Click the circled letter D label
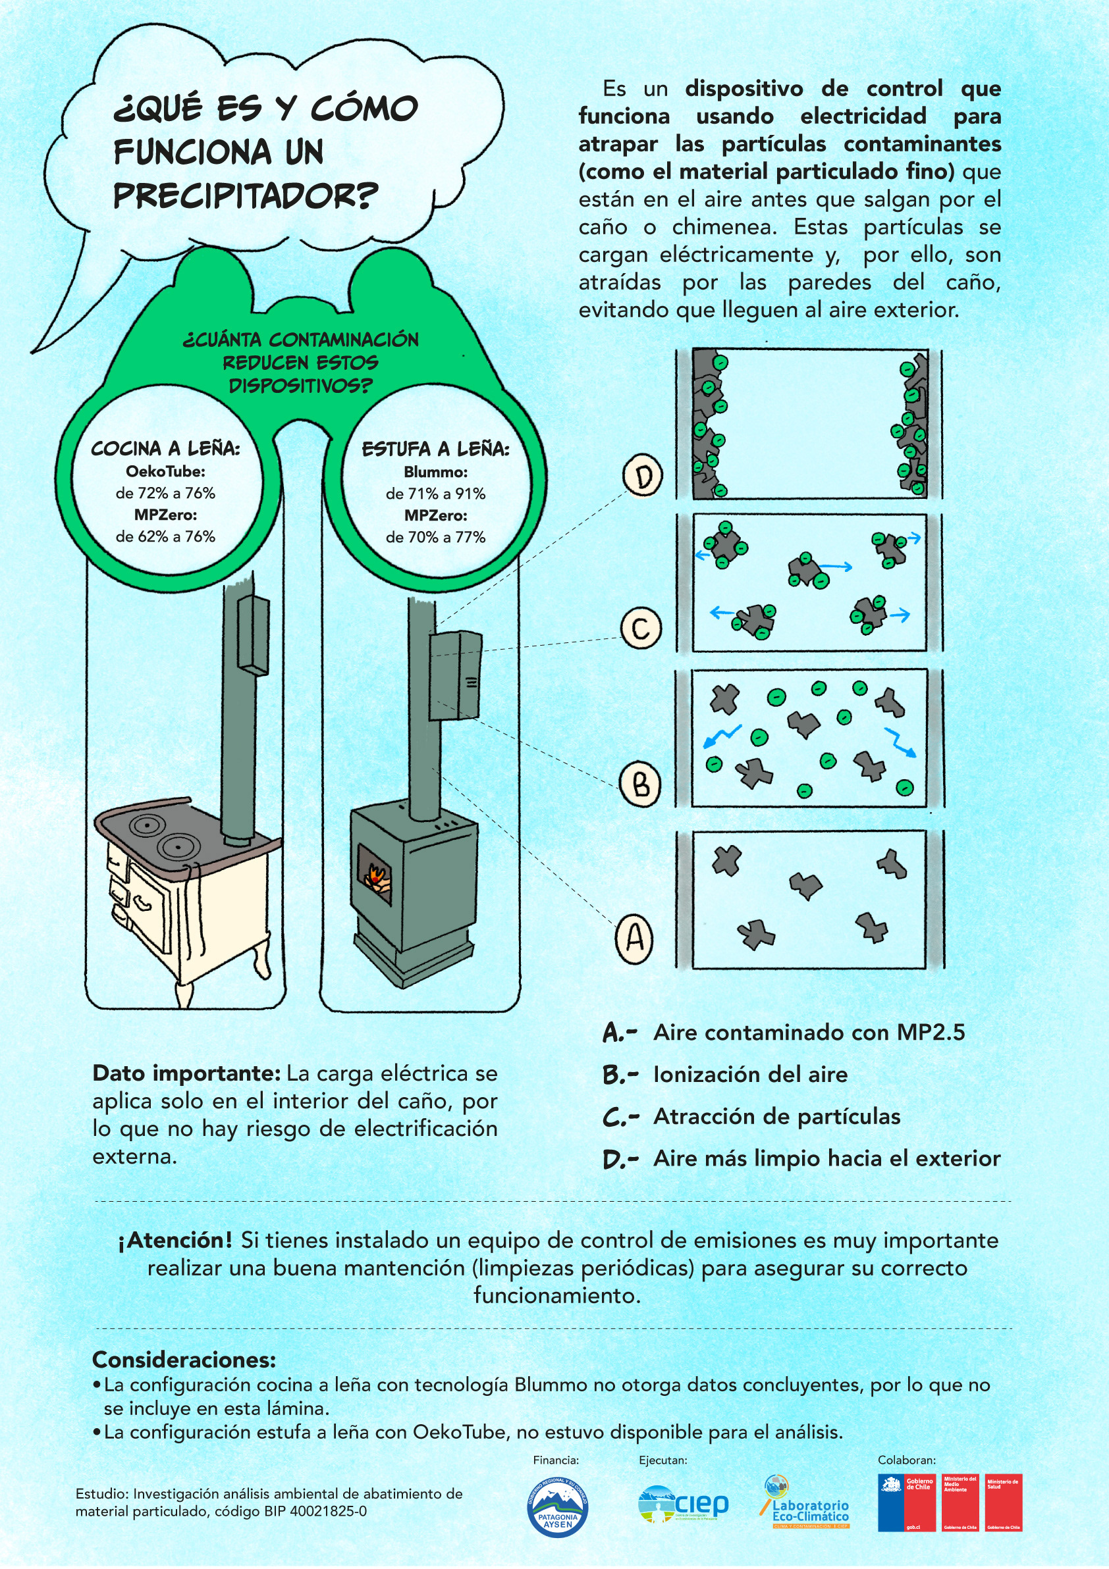point(643,476)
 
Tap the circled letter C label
point(641,627)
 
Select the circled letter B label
point(640,784)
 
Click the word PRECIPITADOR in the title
point(245,197)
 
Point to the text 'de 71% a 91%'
point(435,494)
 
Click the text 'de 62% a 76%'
point(165,536)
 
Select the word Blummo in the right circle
point(435,471)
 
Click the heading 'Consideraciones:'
point(184,1360)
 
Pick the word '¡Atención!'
point(175,1240)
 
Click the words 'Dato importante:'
point(186,1073)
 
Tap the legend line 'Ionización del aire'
point(750,1074)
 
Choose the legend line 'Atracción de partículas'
point(776,1117)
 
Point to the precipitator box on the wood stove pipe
point(455,675)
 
